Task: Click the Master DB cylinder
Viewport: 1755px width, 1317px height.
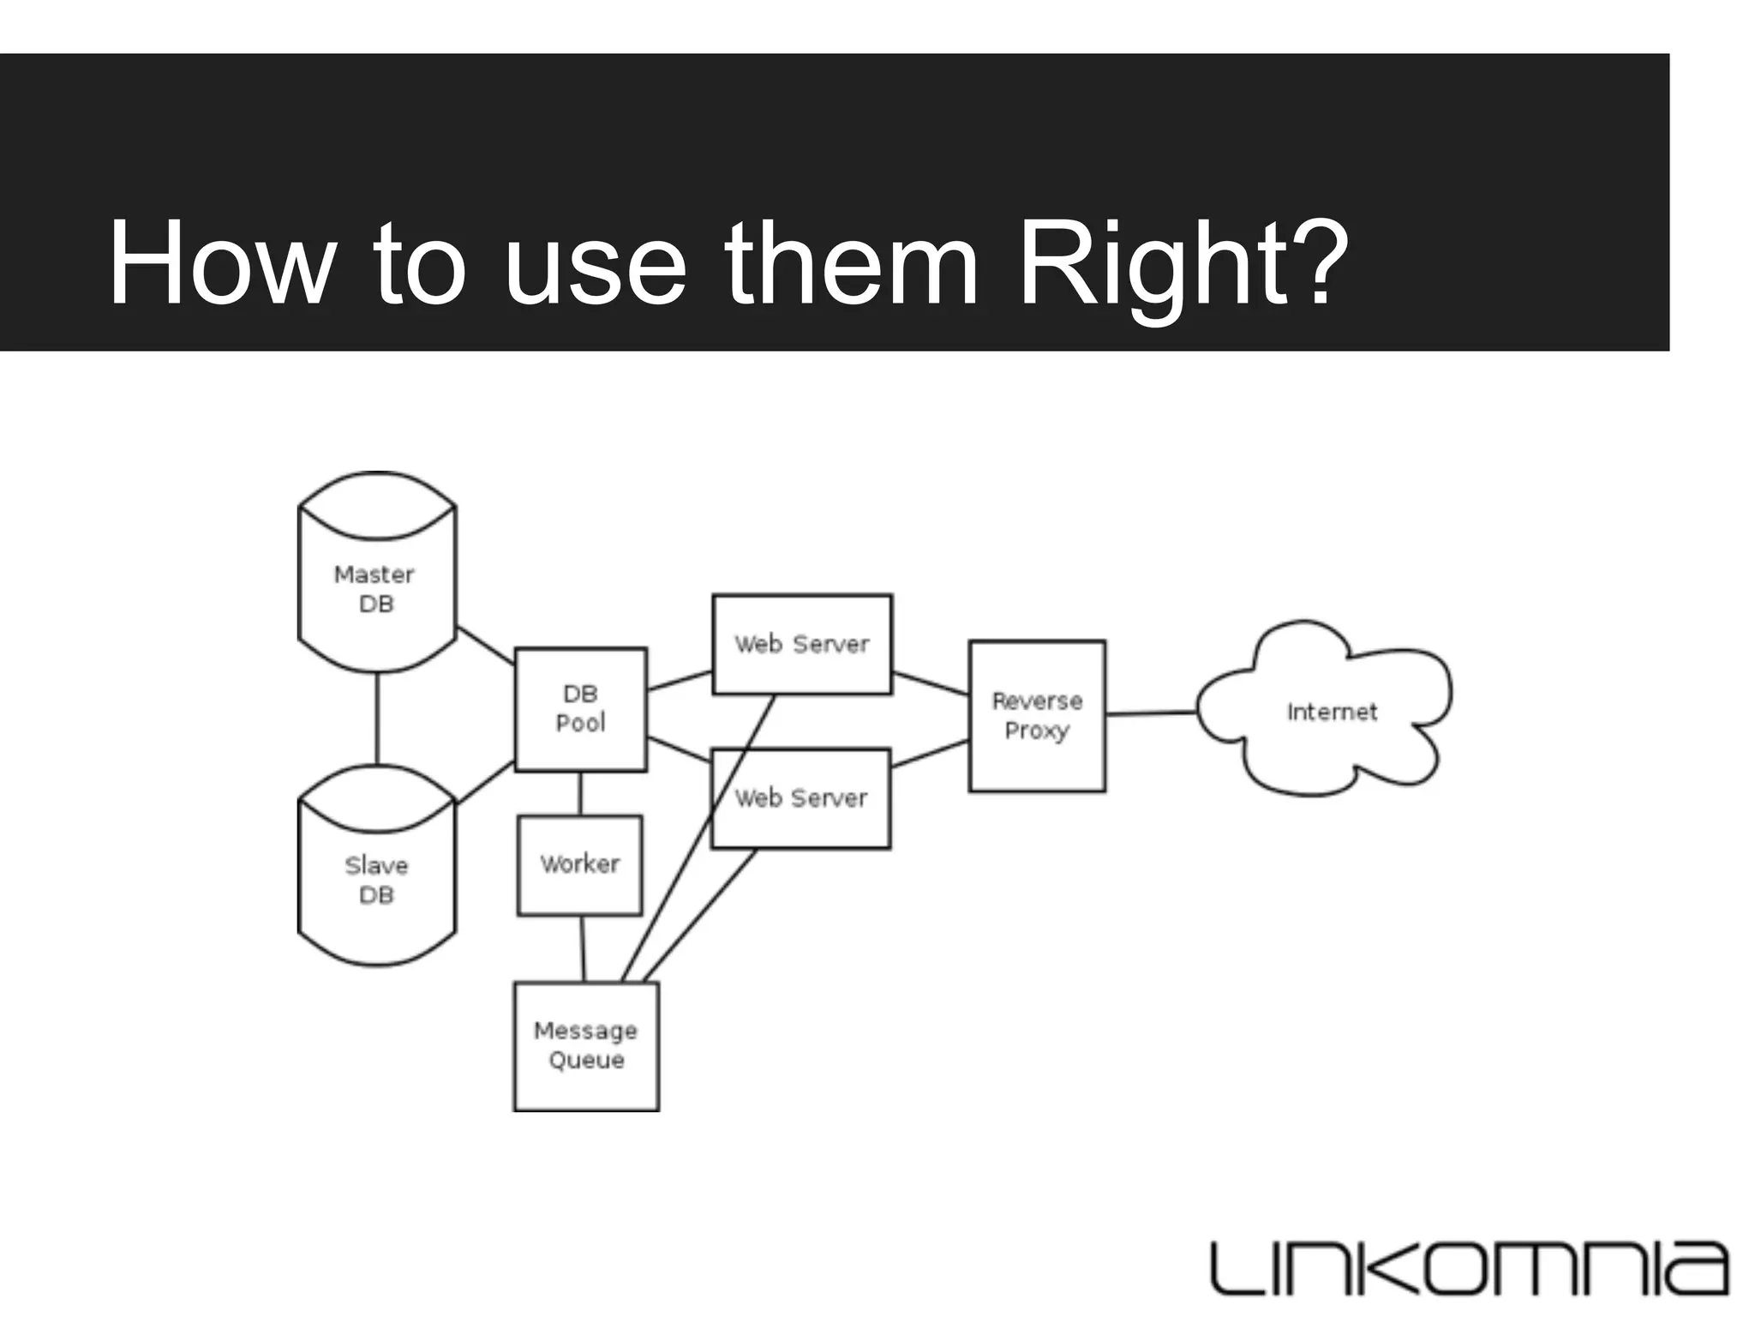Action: pyautogui.click(x=376, y=588)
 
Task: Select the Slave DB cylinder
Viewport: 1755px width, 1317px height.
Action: pyautogui.click(x=376, y=879)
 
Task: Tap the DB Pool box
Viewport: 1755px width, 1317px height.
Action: pyautogui.click(x=580, y=709)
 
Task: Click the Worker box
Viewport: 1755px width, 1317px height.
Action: pyautogui.click(x=580, y=864)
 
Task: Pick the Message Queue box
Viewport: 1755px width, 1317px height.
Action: pyautogui.click(x=586, y=1046)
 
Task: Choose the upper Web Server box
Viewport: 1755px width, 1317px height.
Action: pyautogui.click(x=802, y=644)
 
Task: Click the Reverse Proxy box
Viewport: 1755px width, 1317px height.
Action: pyautogui.click(x=1037, y=716)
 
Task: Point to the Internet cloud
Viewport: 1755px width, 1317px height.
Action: pyautogui.click(x=1330, y=712)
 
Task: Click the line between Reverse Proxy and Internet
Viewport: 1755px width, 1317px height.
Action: pyautogui.click(x=1151, y=713)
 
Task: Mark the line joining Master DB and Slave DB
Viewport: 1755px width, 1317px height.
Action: pyautogui.click(x=377, y=719)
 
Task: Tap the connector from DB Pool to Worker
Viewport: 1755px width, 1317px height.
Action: pyautogui.click(x=580, y=793)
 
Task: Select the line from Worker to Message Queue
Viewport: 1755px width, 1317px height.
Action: pyautogui.click(x=583, y=948)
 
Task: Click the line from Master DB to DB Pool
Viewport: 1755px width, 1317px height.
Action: pyautogui.click(x=485, y=645)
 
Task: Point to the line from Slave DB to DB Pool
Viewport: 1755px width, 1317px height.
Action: pyautogui.click(x=485, y=782)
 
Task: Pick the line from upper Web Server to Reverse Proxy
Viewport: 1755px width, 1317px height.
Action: pyautogui.click(x=930, y=683)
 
